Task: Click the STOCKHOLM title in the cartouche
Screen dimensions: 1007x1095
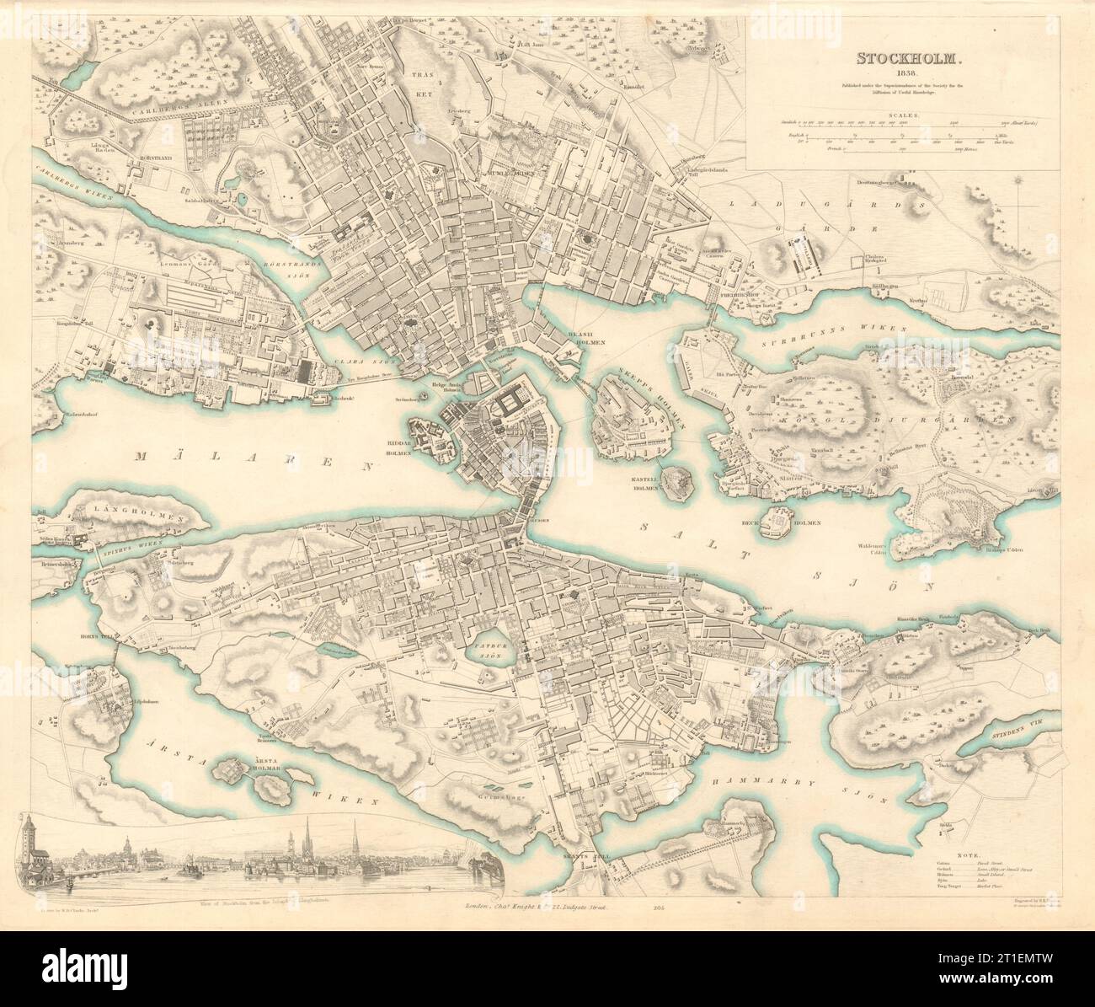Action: [x=895, y=59]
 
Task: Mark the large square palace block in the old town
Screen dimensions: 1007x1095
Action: [x=512, y=407]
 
